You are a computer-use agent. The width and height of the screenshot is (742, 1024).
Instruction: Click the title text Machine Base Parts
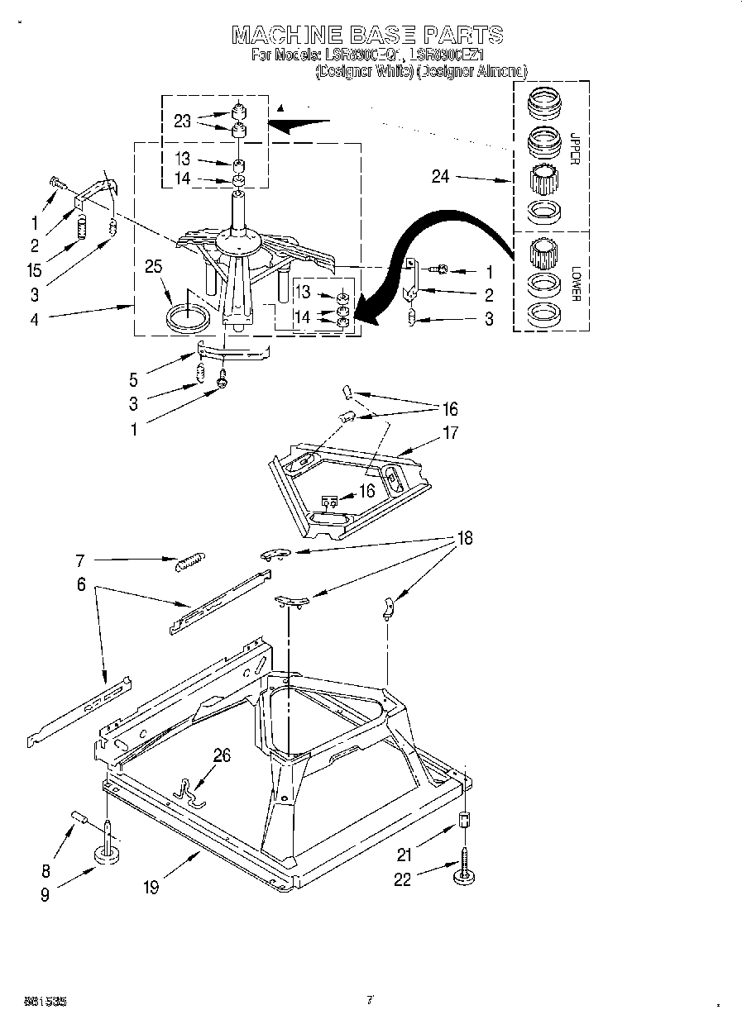coord(367,34)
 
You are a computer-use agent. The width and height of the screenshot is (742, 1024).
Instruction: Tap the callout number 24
coord(440,176)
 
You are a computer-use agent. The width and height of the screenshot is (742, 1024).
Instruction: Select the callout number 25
coord(153,266)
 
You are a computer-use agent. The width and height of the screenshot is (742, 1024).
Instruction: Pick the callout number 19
coord(151,888)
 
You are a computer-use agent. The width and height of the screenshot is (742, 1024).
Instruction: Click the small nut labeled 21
coord(464,822)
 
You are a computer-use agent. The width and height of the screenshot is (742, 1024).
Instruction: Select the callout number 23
coord(183,121)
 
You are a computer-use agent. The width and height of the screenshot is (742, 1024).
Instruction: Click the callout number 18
coord(466,538)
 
